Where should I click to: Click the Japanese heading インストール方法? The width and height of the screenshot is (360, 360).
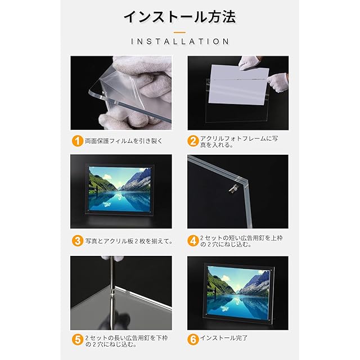click(x=180, y=17)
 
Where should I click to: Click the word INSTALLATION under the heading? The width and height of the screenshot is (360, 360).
click(x=180, y=42)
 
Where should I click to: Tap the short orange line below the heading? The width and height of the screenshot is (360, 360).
click(x=180, y=33)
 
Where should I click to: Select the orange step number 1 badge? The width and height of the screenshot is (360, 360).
click(x=78, y=141)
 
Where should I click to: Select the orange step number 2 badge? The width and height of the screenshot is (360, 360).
click(x=193, y=141)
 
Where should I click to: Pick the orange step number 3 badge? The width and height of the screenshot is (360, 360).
click(x=78, y=241)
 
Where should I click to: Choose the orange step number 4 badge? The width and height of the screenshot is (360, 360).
click(x=193, y=241)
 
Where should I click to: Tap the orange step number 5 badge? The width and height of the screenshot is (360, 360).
click(x=78, y=340)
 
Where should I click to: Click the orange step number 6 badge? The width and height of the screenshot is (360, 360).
click(x=193, y=340)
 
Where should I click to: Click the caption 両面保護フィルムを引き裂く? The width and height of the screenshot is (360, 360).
click(x=124, y=141)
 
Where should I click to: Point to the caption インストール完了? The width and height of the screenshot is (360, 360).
click(x=224, y=337)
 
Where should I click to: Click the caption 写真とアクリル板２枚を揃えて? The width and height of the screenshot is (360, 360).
click(x=129, y=241)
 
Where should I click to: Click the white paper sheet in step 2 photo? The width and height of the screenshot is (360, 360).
click(x=238, y=84)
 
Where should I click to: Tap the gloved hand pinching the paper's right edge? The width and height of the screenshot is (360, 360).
click(x=278, y=83)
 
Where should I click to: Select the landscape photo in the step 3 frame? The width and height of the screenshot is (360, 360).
click(x=119, y=189)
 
